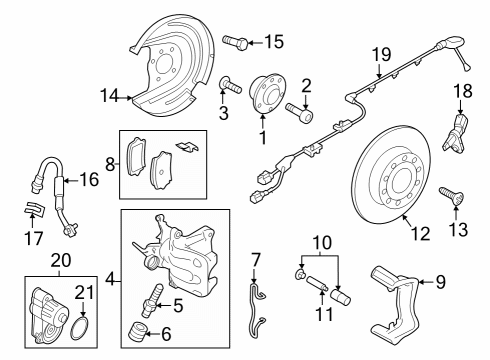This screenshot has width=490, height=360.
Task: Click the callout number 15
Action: coord(274,42)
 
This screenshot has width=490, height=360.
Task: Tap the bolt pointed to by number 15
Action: coord(235,43)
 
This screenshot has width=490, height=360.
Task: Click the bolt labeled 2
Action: coord(299,112)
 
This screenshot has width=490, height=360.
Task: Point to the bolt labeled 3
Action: coord(230,85)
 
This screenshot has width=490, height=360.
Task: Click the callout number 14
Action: coord(109,97)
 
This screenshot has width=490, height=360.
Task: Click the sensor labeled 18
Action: coord(455,133)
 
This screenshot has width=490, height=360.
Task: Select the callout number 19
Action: coord(382,54)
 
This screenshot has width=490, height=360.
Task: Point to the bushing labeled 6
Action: coord(137,332)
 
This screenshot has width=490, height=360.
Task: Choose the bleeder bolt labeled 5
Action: coord(153,300)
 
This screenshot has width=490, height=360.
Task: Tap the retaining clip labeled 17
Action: coord(34,208)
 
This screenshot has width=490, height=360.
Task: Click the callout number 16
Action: coord(89,180)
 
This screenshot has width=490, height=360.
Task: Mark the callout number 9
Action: coord(440,282)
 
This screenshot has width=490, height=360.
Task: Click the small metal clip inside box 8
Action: coord(187,146)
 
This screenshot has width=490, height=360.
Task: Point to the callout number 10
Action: coord(322,243)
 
